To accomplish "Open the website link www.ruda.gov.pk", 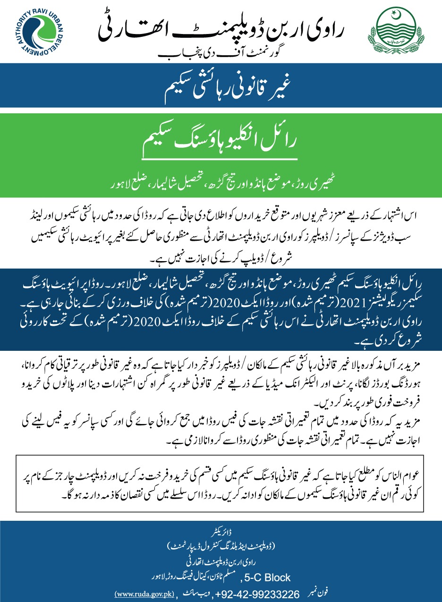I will [144, 593].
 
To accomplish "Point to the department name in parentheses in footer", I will [221, 547].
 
